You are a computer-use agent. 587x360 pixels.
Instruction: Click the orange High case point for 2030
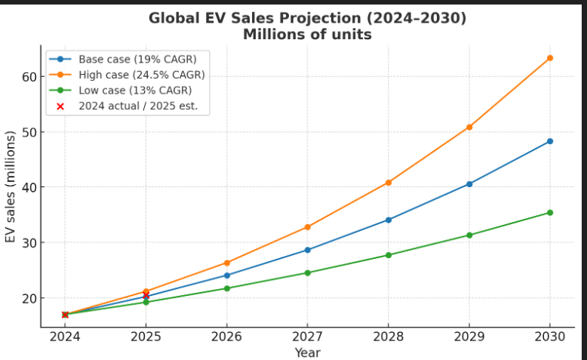click(549, 58)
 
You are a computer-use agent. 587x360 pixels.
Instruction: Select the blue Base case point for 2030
click(549, 141)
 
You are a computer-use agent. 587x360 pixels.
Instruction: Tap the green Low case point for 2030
click(549, 213)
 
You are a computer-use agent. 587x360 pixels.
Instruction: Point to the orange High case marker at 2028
click(388, 183)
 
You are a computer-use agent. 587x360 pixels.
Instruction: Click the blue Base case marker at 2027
click(307, 250)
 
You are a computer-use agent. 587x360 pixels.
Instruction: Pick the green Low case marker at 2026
click(226, 288)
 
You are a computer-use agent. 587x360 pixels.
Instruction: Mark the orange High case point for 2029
click(469, 127)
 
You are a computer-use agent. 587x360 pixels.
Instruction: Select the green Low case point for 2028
click(388, 255)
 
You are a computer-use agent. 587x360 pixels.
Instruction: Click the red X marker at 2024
click(65, 315)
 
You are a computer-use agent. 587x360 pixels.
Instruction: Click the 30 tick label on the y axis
click(29, 243)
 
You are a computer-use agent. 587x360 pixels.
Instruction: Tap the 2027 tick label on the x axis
click(307, 337)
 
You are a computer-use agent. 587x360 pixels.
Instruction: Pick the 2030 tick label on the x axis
click(549, 337)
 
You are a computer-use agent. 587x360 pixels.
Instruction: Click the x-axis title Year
click(307, 352)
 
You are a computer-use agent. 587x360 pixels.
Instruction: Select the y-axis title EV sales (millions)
click(11, 187)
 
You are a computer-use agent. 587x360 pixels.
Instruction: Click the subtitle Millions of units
click(307, 35)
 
